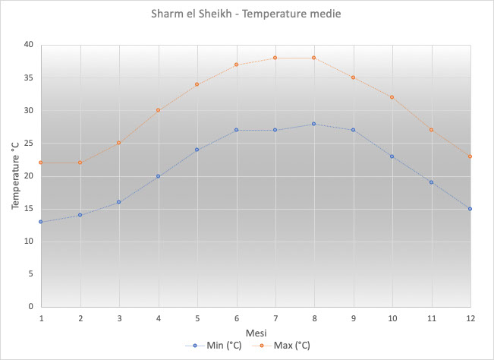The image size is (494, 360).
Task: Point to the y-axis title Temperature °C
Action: [x=15, y=175]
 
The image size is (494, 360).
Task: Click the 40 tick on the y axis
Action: [x=28, y=45]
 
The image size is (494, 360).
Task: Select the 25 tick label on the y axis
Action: [x=28, y=143]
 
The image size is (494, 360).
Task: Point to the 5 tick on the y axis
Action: [x=30, y=273]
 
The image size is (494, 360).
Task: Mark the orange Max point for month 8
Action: [x=313, y=58]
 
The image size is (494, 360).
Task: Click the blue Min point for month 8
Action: [x=313, y=124]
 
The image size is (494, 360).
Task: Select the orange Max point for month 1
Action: [x=40, y=163]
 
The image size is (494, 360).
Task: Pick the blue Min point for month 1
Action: [x=40, y=222]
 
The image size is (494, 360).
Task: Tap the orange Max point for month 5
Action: [x=197, y=84]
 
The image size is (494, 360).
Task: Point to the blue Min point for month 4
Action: [x=158, y=176]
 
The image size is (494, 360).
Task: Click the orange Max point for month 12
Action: [x=470, y=156]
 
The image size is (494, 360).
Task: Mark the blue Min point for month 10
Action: [x=392, y=156]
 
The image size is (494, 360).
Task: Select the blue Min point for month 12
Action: [x=470, y=209]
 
